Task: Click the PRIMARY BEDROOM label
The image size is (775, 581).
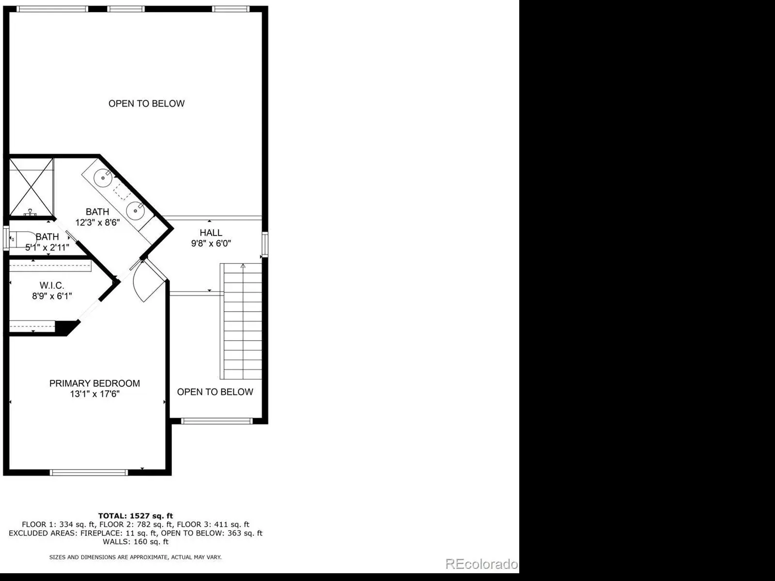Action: [94, 383]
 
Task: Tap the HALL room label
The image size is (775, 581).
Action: [211, 233]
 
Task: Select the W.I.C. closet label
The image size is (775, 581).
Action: [52, 285]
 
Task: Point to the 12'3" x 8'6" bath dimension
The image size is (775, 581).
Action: [97, 222]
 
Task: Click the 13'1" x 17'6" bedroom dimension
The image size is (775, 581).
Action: [94, 394]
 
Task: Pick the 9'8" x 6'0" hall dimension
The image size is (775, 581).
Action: [211, 243]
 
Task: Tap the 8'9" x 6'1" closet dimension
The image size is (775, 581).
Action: [52, 296]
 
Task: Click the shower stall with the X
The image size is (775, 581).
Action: [31, 187]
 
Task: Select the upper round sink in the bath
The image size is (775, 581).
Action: [103, 178]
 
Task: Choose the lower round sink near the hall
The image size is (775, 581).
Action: [135, 211]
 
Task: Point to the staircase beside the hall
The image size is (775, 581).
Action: [241, 321]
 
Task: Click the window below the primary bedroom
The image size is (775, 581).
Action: [89, 472]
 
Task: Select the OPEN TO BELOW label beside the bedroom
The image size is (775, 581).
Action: [215, 392]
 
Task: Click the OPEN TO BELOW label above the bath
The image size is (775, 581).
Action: [147, 104]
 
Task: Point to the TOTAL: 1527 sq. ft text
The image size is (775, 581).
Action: [136, 516]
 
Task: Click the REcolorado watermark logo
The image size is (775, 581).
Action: [481, 564]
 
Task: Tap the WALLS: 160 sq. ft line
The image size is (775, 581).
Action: [136, 541]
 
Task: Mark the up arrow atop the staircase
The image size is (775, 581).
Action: [243, 266]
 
